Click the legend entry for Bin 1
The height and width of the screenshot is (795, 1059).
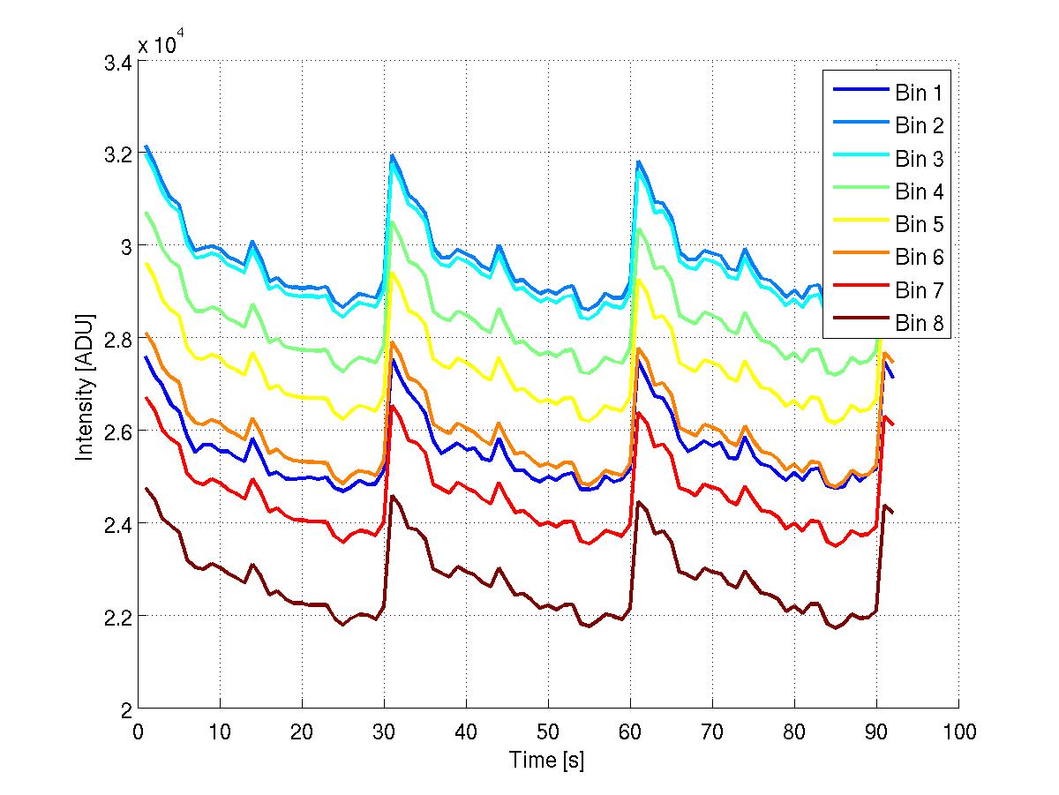[918, 93]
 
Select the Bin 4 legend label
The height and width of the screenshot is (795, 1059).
[918, 191]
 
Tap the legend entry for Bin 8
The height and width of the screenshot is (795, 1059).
[918, 323]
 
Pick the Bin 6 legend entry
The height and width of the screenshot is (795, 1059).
[918, 257]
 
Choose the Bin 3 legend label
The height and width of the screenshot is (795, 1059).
[918, 159]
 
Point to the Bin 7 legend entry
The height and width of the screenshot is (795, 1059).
[918, 290]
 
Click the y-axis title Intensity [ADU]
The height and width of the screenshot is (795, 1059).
[85, 386]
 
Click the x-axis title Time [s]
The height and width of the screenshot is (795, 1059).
[547, 760]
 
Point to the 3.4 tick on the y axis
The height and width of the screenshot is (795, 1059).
[119, 64]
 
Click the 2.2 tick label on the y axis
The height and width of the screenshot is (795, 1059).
[119, 616]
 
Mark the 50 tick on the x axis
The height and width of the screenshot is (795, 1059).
[548, 731]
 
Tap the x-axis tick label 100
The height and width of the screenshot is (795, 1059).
[958, 731]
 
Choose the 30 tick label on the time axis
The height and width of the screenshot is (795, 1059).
[384, 731]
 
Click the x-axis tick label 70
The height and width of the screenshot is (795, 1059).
[712, 731]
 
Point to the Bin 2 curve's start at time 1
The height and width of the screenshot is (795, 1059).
[146, 146]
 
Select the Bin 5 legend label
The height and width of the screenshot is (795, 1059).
[918, 224]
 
